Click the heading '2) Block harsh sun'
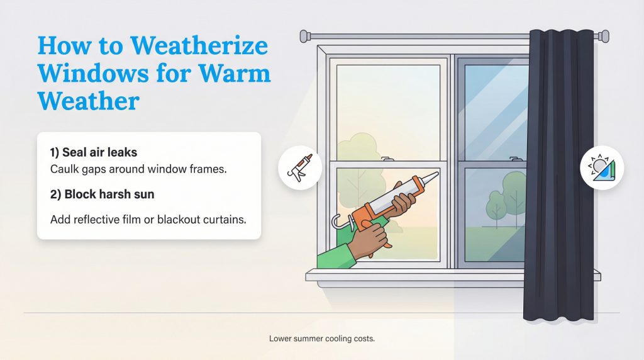102,194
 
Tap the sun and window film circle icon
602,168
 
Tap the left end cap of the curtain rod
304,35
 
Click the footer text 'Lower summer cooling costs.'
321,339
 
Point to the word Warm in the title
237,74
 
